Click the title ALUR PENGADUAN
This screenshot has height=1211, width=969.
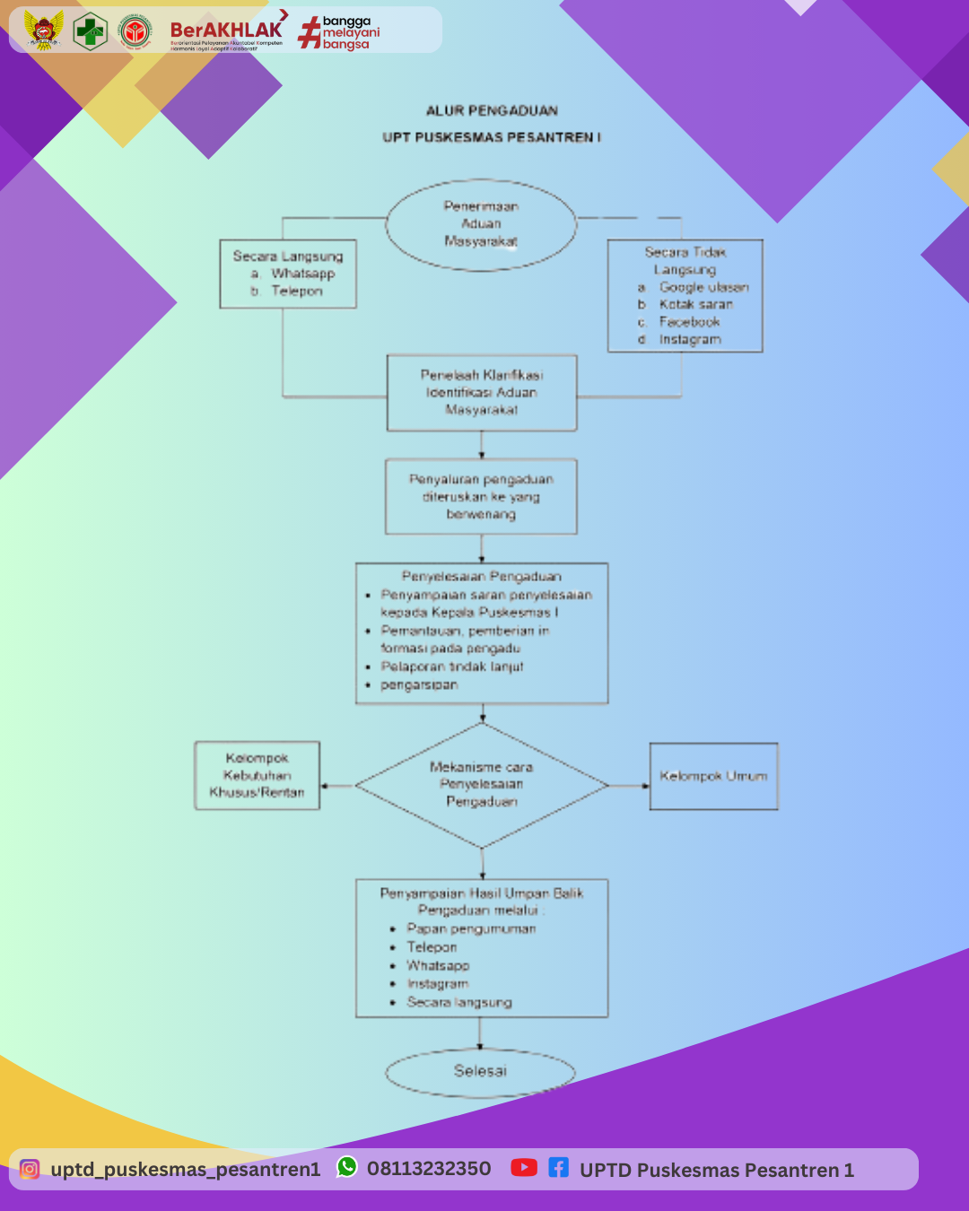pos(492,111)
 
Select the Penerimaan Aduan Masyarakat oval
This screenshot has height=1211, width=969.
pos(481,224)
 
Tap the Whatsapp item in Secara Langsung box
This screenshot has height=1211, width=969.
pos(302,274)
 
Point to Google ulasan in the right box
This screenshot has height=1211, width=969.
pos(703,287)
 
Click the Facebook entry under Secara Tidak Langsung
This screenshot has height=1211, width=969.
pos(689,322)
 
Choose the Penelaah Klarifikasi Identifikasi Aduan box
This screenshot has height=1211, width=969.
pos(482,393)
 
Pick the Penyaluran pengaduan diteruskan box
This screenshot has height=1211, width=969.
pos(481,497)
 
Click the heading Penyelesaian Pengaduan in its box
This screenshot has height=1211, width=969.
pos(481,577)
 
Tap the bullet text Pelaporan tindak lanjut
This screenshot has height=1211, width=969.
pos(451,666)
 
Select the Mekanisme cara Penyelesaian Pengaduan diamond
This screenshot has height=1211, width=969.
pos(482,785)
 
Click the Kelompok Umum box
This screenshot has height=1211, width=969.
pos(713,776)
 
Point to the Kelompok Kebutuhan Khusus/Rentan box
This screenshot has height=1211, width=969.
pos(258,776)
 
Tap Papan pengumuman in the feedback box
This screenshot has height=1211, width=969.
pos(471,929)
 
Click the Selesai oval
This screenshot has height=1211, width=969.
pos(480,1071)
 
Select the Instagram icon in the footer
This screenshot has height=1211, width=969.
pos(30,1170)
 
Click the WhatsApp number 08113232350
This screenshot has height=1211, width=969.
pos(428,1169)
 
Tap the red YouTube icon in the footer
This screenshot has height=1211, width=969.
pos(524,1168)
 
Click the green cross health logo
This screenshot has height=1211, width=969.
pos(90,31)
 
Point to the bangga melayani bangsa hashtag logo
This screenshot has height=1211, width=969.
pos(339,32)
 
